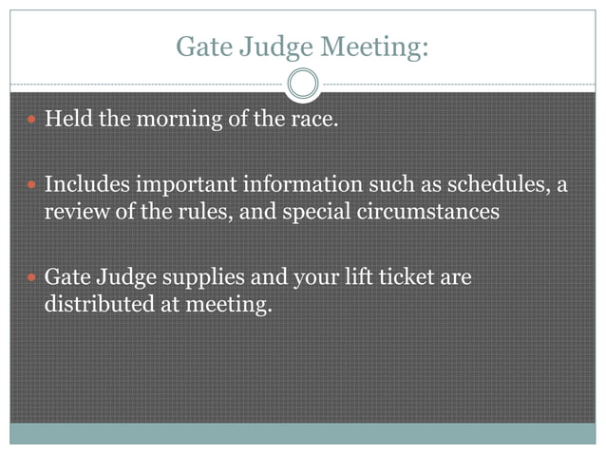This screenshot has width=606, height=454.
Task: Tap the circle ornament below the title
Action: pos(303,85)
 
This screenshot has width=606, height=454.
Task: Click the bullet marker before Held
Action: pos(31,123)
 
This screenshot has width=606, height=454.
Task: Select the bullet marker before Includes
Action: pos(31,184)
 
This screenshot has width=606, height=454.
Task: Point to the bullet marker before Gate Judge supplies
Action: pos(31,277)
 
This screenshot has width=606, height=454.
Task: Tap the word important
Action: pos(175,184)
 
